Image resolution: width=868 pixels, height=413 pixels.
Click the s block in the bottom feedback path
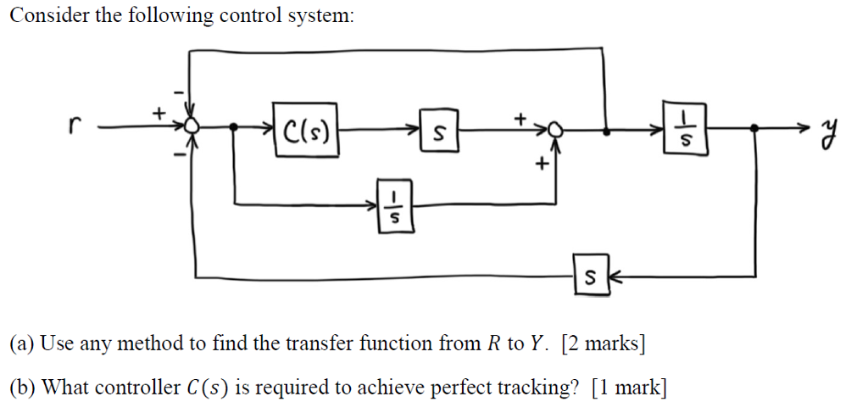tap(590, 276)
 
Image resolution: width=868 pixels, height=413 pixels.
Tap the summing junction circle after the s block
tap(556, 130)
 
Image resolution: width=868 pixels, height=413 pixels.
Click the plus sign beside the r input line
tap(159, 111)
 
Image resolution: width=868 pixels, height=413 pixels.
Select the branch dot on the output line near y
tap(756, 129)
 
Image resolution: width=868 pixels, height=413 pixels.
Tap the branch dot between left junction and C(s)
tap(235, 128)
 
